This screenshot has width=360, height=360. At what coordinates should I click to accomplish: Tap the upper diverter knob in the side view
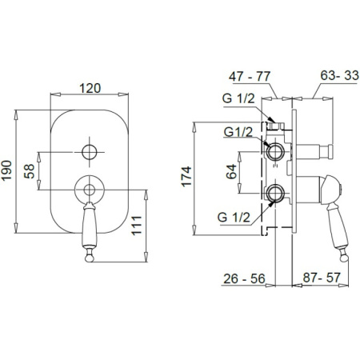tap(327, 149)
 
